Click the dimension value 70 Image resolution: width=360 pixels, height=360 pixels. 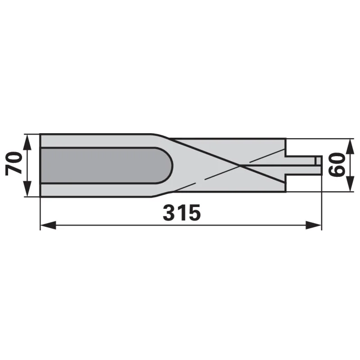14,163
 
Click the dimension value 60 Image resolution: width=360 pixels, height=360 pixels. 337,165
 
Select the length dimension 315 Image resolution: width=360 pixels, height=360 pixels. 182,212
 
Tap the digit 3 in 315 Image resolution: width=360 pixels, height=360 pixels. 168,212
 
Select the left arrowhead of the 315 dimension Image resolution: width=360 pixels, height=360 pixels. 48,225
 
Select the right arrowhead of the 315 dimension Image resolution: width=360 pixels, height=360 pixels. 313,225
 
